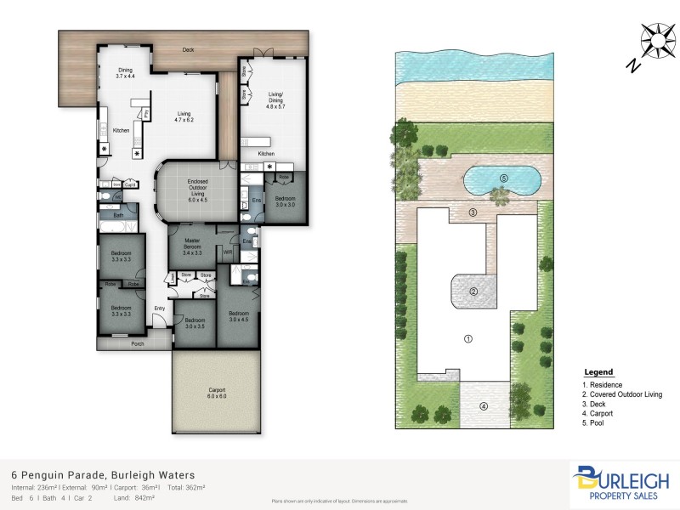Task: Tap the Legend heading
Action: tap(598, 372)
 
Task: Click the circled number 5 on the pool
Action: tap(503, 178)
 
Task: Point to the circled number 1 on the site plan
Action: tap(467, 338)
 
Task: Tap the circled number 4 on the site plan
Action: tap(484, 406)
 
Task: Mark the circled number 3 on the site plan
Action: tap(473, 212)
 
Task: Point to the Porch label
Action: tap(137, 344)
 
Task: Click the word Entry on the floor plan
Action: tap(159, 308)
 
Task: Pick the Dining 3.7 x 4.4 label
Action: tap(125, 74)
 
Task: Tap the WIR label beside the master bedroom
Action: tap(228, 252)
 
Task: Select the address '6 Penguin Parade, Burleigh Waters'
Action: tap(103, 474)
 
